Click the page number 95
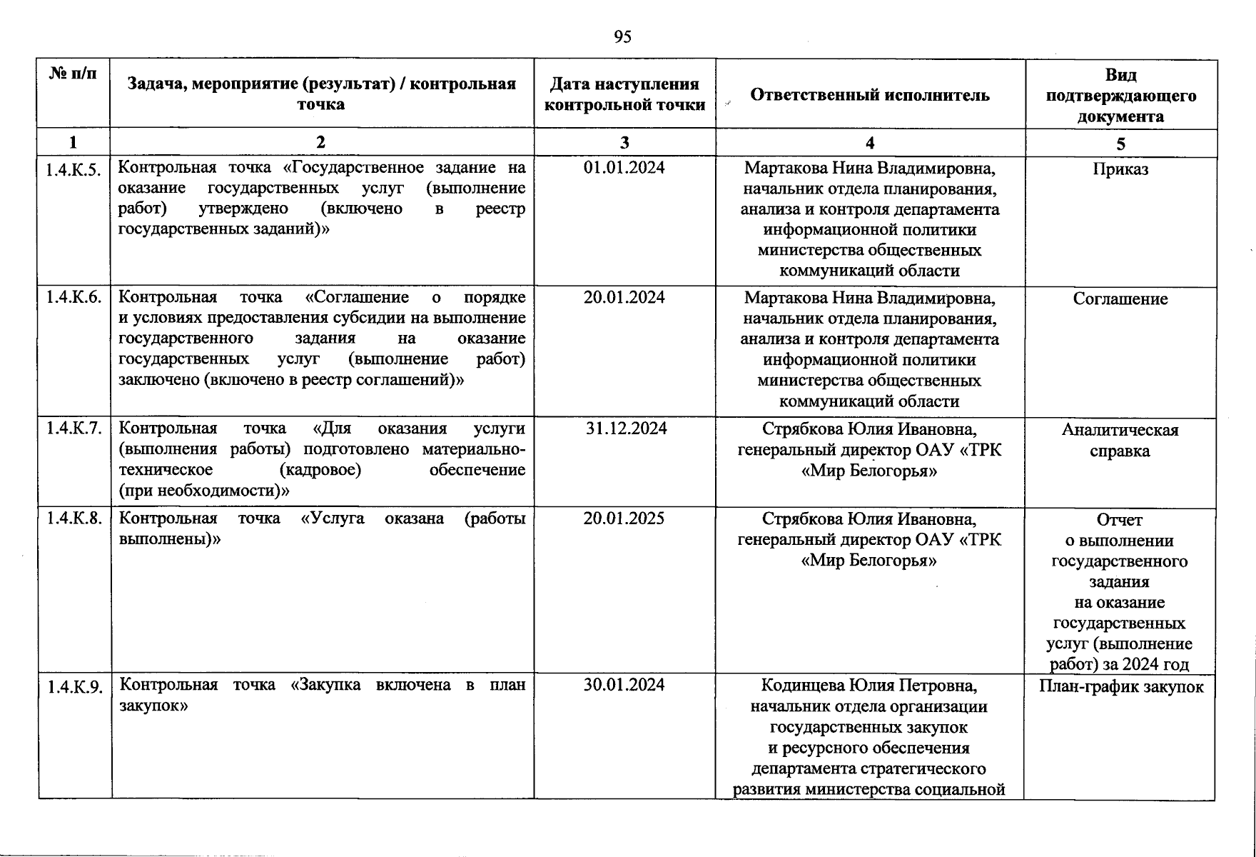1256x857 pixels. tap(622, 37)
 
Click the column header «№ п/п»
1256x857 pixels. tap(73, 74)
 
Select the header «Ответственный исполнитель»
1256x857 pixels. tap(869, 95)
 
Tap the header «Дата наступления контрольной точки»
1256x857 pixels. tap(624, 94)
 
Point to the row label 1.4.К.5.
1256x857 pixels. tap(74, 169)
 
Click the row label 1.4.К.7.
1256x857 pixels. tap(74, 428)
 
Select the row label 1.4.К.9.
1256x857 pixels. tap(75, 687)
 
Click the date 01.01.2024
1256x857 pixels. tap(624, 168)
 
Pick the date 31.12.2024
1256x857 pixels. tap(625, 428)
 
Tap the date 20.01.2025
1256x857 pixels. tap(624, 518)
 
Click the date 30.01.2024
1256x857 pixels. tap(624, 685)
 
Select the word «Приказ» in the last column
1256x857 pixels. tap(1120, 170)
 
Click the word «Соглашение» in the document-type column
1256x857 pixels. tap(1120, 299)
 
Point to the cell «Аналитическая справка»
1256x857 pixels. tap(1120, 440)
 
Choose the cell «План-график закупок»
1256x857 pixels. tap(1120, 687)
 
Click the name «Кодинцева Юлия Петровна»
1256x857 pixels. tap(868, 686)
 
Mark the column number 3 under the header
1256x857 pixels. tap(624, 142)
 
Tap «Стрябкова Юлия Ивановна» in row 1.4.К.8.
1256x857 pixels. tap(868, 518)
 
